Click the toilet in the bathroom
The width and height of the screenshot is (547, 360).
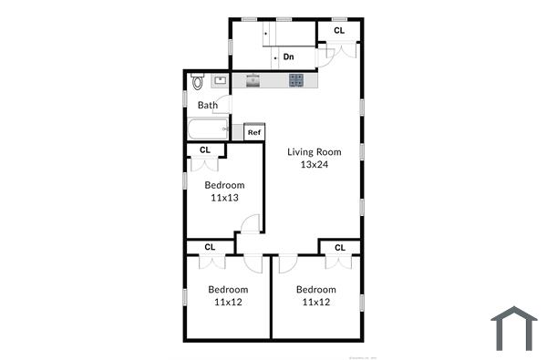pyautogui.click(x=197, y=83)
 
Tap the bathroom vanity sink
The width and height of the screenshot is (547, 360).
pyautogui.click(x=220, y=81)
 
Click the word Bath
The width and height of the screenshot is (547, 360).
pyautogui.click(x=208, y=105)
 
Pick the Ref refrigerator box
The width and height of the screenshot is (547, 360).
pyautogui.click(x=254, y=133)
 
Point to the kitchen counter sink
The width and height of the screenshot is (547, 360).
pyautogui.click(x=253, y=81)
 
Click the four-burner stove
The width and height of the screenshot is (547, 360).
pyautogui.click(x=296, y=81)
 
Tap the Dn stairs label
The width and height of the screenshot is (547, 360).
pyautogui.click(x=288, y=57)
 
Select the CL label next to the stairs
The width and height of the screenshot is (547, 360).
pyautogui.click(x=339, y=31)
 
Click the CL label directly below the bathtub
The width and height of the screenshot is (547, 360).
pyautogui.click(x=204, y=149)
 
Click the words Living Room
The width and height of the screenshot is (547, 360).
pyautogui.click(x=314, y=152)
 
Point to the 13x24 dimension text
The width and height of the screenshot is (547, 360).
pyautogui.click(x=314, y=165)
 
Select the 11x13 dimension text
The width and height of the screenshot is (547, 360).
pyautogui.click(x=223, y=198)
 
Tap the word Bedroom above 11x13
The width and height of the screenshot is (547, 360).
pyautogui.click(x=223, y=185)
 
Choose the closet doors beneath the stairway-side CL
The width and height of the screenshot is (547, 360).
pyautogui.click(x=339, y=49)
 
